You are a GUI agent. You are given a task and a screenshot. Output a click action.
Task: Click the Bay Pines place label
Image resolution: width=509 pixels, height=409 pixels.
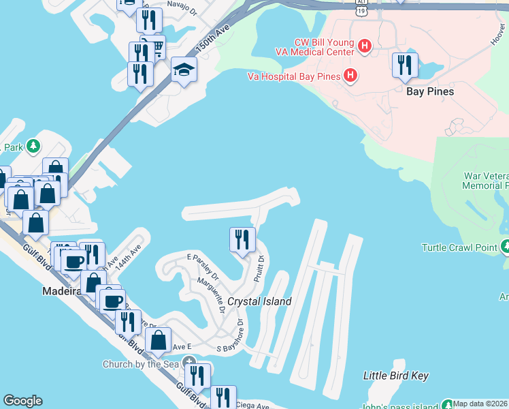(x=429, y=91)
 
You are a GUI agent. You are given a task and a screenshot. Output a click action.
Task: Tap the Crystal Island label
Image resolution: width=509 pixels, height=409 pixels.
(x=259, y=301)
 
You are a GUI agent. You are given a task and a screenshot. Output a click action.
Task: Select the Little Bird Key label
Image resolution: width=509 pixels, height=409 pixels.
(x=395, y=376)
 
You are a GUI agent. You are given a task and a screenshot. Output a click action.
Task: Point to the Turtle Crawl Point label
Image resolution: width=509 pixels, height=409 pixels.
(x=459, y=247)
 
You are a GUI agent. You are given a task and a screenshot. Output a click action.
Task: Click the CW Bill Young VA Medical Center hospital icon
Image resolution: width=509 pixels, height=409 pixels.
(x=365, y=46)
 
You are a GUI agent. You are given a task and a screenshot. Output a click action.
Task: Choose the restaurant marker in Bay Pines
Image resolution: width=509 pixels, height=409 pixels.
(x=405, y=65)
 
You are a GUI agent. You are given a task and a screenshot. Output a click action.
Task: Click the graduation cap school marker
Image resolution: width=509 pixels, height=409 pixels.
(x=184, y=70)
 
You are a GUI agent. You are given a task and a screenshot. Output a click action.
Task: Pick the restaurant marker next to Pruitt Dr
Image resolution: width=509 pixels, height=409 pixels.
(x=242, y=240)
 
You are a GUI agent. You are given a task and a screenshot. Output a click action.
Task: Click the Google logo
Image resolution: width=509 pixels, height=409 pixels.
(x=22, y=401)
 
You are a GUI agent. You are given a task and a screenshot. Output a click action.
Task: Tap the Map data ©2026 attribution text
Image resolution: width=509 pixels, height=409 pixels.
(x=480, y=404)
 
